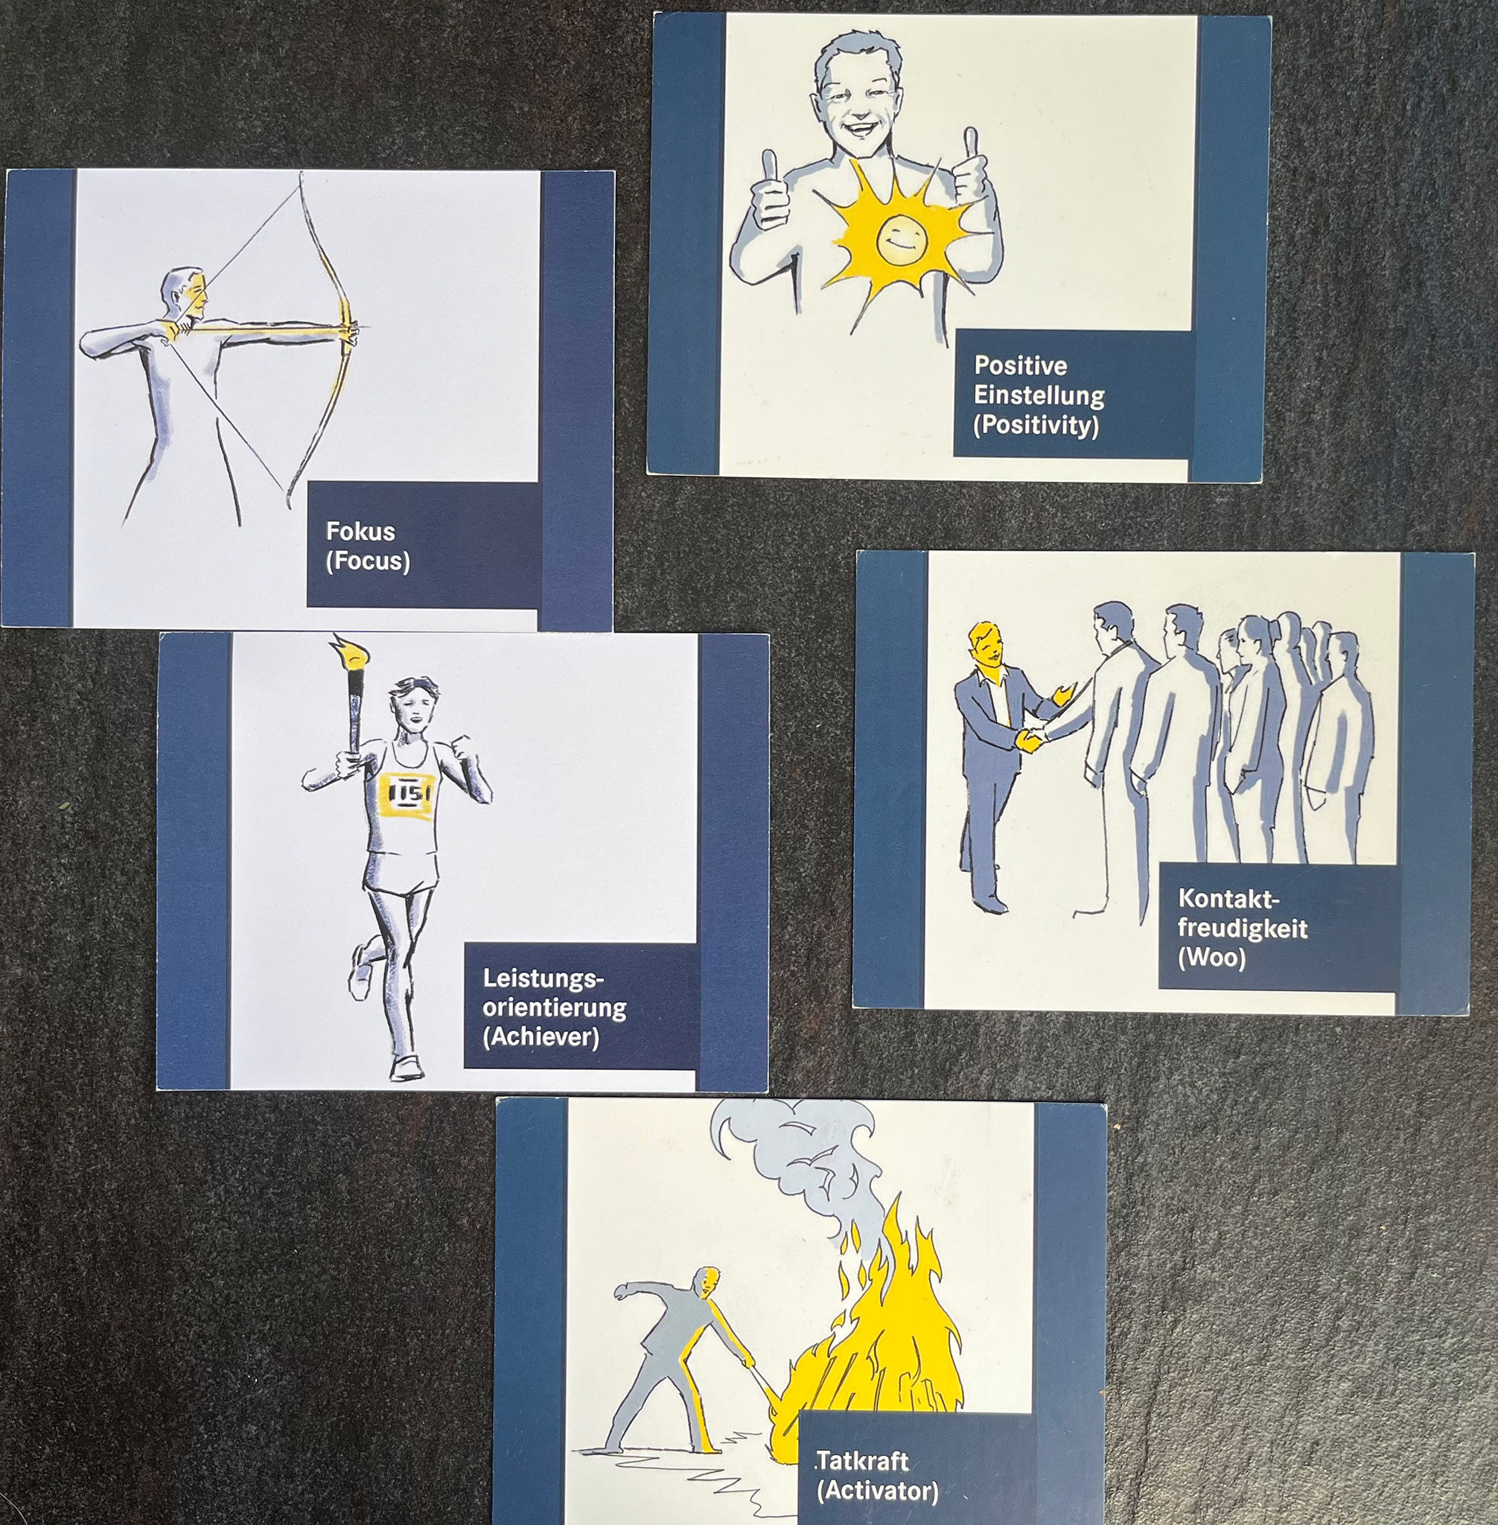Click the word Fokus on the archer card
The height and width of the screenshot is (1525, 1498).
(x=360, y=531)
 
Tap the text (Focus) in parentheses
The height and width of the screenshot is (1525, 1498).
(x=367, y=561)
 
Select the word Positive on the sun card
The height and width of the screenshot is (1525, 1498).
(x=1021, y=365)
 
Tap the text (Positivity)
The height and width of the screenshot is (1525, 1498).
(x=1036, y=425)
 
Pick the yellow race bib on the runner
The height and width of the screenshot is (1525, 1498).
(x=405, y=794)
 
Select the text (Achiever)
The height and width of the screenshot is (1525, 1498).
(x=541, y=1037)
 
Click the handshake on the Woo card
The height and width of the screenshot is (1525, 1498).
(x=1031, y=738)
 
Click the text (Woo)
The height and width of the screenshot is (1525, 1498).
(x=1211, y=958)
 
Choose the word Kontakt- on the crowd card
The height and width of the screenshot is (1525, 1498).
(x=1228, y=898)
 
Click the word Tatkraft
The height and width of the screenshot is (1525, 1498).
(x=862, y=1461)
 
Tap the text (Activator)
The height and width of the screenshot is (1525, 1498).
(x=877, y=1491)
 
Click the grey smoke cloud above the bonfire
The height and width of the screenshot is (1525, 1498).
(x=803, y=1156)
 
